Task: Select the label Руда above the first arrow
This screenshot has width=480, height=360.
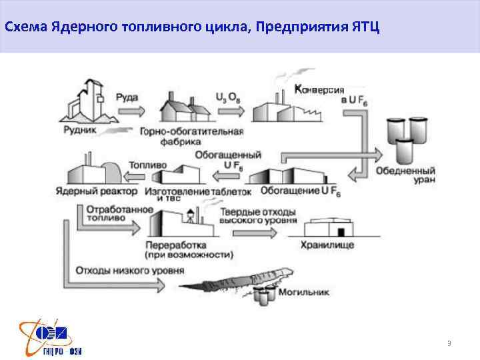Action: click(x=127, y=97)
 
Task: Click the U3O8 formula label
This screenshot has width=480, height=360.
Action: click(x=227, y=97)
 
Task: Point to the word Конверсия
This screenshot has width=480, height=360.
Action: click(x=319, y=90)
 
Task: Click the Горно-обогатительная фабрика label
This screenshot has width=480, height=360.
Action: click(x=191, y=136)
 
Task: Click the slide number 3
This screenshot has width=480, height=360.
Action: click(x=449, y=343)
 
